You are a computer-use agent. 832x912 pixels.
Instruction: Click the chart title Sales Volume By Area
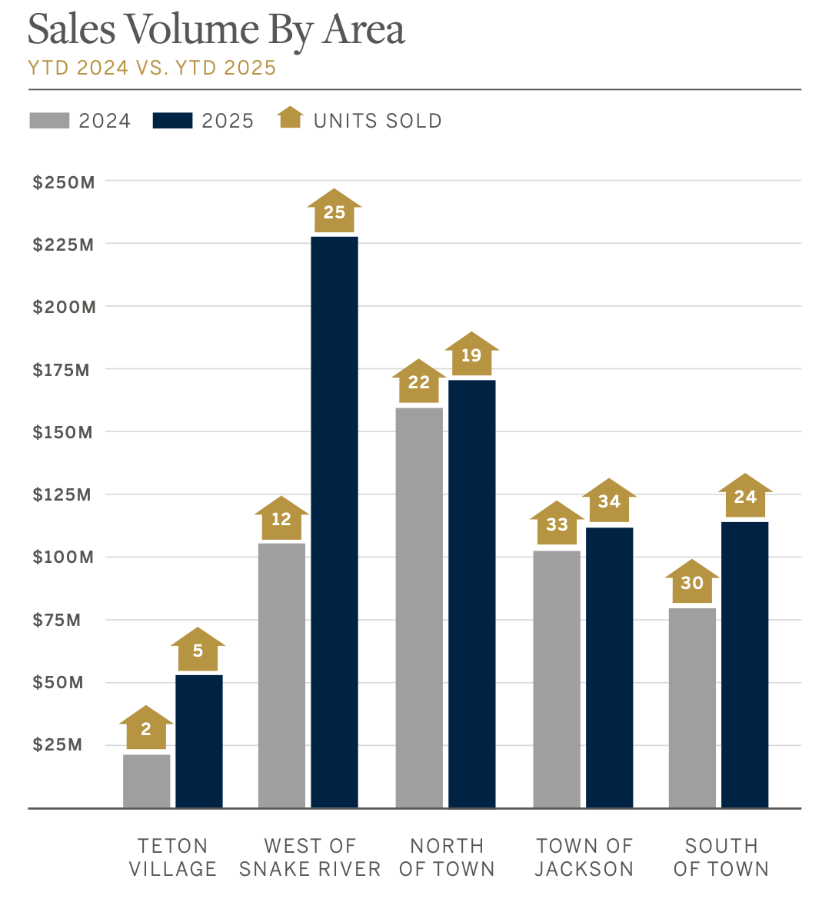click(216, 31)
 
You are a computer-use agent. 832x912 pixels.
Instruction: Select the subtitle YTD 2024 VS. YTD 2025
click(151, 68)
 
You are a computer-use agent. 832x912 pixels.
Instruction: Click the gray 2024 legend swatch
click(49, 121)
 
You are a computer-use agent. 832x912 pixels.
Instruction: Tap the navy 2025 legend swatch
click(172, 121)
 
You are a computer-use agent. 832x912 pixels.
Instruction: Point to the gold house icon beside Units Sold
click(291, 118)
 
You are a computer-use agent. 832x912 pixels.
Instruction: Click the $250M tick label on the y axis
click(64, 182)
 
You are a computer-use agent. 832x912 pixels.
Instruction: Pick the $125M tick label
click(62, 494)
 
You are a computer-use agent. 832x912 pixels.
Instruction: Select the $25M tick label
click(58, 744)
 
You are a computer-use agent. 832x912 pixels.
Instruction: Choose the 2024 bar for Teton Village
click(147, 781)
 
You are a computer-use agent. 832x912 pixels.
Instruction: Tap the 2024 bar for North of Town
click(419, 607)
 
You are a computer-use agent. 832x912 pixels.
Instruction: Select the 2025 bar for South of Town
click(744, 664)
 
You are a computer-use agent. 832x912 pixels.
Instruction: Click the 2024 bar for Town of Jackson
click(557, 679)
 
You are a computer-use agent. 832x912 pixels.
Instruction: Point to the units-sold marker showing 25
click(334, 211)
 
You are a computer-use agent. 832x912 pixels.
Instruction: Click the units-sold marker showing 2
click(146, 728)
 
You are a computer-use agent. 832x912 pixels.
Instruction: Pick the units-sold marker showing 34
click(609, 501)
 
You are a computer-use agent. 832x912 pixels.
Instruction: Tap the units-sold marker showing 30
click(692, 582)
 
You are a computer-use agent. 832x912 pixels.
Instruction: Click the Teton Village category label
click(173, 857)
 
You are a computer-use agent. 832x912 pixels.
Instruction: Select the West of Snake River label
click(310, 857)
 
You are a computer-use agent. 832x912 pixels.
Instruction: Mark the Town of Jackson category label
click(584, 857)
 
